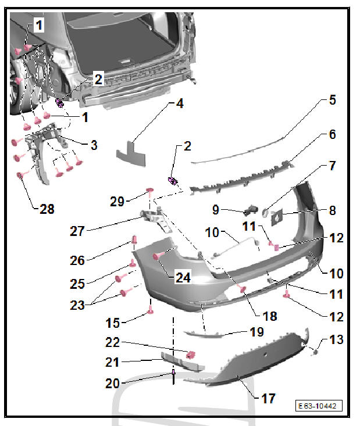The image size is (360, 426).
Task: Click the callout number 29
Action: tap(117, 202)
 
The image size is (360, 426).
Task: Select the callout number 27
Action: tap(77, 231)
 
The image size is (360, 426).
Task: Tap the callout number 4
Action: tap(180, 104)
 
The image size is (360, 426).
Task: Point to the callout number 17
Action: tap(268, 399)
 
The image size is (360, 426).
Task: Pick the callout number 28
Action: tap(47, 209)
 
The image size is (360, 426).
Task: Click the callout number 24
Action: tap(183, 278)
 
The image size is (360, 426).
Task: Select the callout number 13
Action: tap(336, 339)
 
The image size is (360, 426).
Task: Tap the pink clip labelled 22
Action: tap(191, 355)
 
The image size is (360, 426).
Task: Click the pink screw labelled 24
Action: tap(159, 255)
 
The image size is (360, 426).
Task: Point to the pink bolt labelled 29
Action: tap(150, 192)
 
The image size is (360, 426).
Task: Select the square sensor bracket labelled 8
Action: tap(277, 217)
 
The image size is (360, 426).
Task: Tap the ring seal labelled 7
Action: tap(265, 212)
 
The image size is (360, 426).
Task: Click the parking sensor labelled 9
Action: tap(251, 210)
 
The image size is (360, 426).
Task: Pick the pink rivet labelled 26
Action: tap(134, 239)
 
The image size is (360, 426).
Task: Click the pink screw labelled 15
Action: tap(150, 310)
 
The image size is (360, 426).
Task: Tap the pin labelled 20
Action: tap(173, 377)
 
